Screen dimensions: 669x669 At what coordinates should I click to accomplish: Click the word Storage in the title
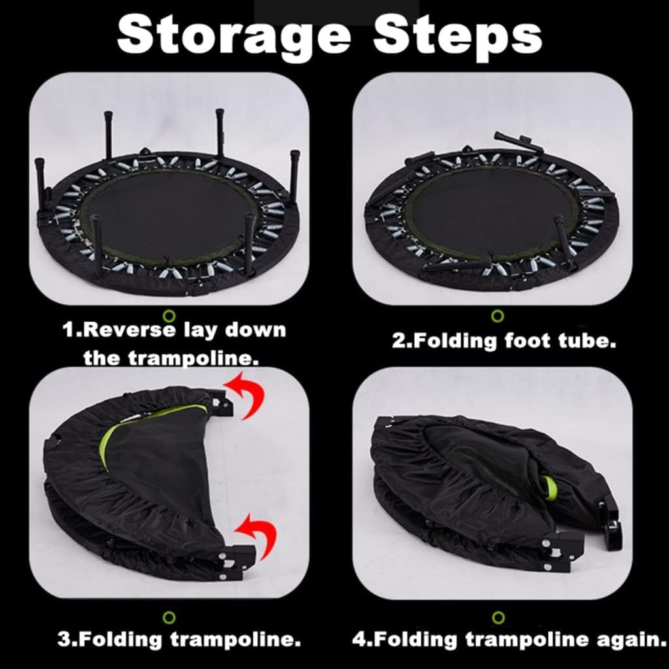click(x=234, y=37)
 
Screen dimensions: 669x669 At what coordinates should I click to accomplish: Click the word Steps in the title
click(x=458, y=37)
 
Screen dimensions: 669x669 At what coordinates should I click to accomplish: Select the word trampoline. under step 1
click(x=193, y=357)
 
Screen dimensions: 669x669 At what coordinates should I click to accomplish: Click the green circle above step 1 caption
click(x=169, y=316)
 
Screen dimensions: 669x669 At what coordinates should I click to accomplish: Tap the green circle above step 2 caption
click(x=497, y=316)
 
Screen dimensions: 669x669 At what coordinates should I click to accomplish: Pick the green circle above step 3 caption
click(x=169, y=617)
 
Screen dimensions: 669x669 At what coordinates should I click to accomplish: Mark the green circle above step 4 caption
click(x=498, y=617)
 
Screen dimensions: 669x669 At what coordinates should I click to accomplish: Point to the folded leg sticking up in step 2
click(x=519, y=142)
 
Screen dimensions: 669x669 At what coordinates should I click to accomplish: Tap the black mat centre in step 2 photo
click(x=493, y=211)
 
